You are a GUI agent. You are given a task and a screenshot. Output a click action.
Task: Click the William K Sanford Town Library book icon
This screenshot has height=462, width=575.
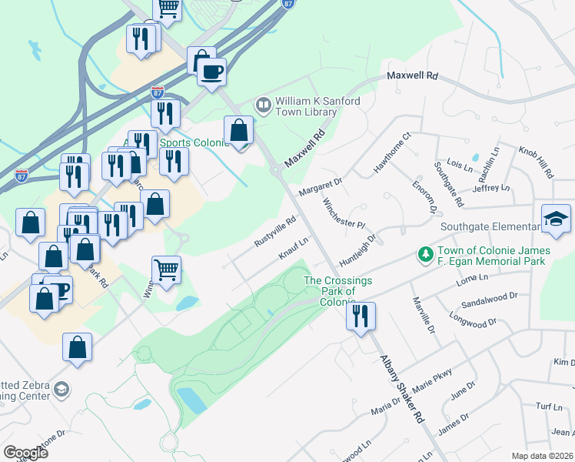(x=264, y=104)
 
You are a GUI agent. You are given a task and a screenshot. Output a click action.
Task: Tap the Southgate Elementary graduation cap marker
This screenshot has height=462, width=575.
(x=556, y=219)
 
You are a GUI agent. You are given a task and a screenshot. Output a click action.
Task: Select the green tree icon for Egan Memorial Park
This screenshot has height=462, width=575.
(x=424, y=253)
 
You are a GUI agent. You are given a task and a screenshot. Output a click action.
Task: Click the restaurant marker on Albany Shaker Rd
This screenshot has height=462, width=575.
(x=360, y=316)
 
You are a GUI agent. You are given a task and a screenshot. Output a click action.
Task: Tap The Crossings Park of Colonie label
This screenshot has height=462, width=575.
(x=338, y=291)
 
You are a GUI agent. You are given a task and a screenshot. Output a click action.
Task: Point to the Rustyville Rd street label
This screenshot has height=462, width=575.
(x=275, y=232)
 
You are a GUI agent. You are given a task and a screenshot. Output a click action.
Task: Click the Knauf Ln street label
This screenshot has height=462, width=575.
(x=294, y=248)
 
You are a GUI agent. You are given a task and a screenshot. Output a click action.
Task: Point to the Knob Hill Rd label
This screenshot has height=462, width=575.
(x=536, y=162)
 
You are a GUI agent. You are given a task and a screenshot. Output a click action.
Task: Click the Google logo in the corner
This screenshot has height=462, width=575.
(x=25, y=452)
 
